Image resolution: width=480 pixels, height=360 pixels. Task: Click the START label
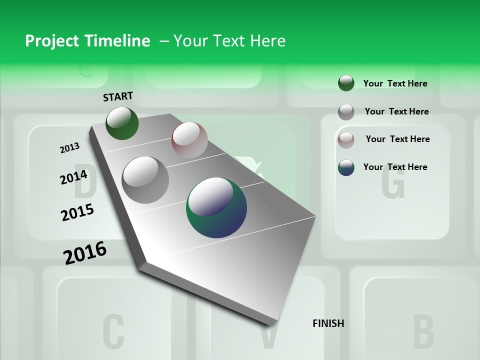point(118,96)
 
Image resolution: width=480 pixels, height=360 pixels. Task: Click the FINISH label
point(328,323)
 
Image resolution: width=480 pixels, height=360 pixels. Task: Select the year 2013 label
point(69,147)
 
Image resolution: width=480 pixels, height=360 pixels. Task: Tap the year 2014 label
point(73,177)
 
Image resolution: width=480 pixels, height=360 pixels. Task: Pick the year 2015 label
point(77,212)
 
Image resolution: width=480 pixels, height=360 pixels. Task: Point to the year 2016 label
point(85,253)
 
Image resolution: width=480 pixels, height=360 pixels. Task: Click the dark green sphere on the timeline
point(122,123)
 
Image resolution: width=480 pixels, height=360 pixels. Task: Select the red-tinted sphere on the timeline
point(189,140)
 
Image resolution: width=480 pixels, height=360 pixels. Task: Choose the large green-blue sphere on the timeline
point(216,207)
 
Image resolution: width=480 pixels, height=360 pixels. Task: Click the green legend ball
point(346,83)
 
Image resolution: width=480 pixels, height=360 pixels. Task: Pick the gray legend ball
point(346,111)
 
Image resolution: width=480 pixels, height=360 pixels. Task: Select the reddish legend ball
point(346,139)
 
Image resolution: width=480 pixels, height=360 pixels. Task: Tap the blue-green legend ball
point(346,167)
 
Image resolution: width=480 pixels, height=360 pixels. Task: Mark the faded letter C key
point(113,331)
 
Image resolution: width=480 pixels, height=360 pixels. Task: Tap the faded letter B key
point(423,331)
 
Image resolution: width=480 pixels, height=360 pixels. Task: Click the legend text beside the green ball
point(395,83)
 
